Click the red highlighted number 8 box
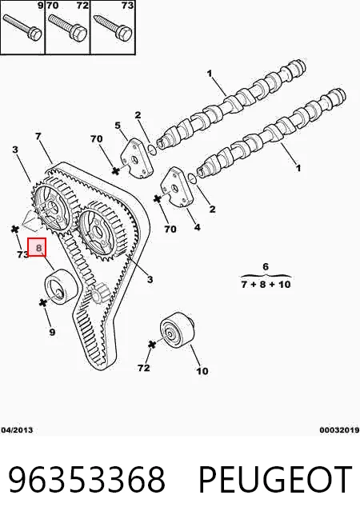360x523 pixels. pyautogui.click(x=36, y=247)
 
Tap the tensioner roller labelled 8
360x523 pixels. pyautogui.click(x=61, y=285)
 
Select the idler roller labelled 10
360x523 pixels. pyautogui.click(x=177, y=329)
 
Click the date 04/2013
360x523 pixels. pyautogui.click(x=17, y=430)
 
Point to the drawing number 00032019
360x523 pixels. pyautogui.click(x=339, y=430)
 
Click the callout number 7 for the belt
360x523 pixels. pyautogui.click(x=38, y=136)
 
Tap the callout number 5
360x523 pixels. pyautogui.click(x=118, y=126)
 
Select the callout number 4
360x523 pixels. pyautogui.click(x=198, y=227)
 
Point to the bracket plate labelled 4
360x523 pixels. pyautogui.click(x=177, y=188)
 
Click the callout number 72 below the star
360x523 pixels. pyautogui.click(x=144, y=368)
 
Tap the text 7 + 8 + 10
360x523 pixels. pyautogui.click(x=266, y=285)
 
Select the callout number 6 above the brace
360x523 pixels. pyautogui.click(x=266, y=266)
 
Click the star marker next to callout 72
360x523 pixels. pyautogui.click(x=152, y=344)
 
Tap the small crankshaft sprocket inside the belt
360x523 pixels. pyautogui.click(x=98, y=293)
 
